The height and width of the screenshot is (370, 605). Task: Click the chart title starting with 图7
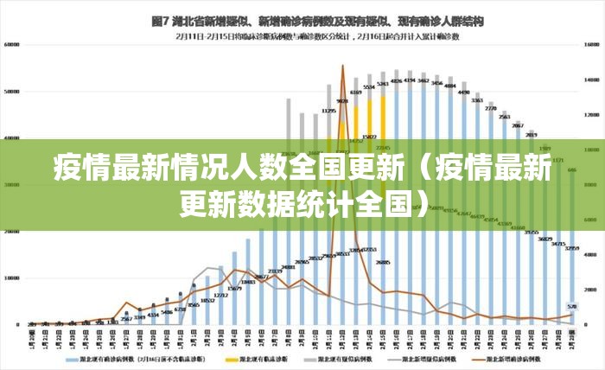(317, 19)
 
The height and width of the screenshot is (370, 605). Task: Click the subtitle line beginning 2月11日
(316, 36)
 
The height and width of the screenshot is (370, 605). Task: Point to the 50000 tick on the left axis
(12, 91)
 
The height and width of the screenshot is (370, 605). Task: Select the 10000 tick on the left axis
(12, 278)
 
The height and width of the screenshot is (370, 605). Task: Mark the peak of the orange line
(342, 67)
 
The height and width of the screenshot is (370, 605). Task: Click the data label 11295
(328, 111)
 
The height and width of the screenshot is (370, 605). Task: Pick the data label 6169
(355, 92)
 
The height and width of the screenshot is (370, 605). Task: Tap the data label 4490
(463, 92)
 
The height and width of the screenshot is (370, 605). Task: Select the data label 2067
(517, 126)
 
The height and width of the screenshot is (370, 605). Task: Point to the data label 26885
(383, 262)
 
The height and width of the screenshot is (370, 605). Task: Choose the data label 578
(571, 306)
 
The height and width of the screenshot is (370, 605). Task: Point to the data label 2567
(126, 319)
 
